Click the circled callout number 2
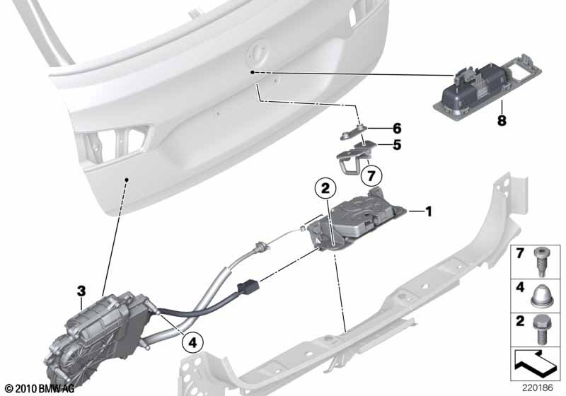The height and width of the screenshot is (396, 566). click(x=325, y=188)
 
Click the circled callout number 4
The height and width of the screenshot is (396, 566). click(x=192, y=342)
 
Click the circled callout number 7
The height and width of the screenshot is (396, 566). click(x=371, y=176)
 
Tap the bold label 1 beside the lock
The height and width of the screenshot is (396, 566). click(x=429, y=211)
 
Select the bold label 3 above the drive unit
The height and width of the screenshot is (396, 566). click(x=81, y=291)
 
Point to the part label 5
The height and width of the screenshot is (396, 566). click(x=397, y=145)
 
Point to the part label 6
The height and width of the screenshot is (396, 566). click(x=397, y=128)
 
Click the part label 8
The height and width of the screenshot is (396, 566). click(x=502, y=120)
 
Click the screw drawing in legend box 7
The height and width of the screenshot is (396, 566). click(x=541, y=262)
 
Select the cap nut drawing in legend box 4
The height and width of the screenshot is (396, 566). click(x=541, y=296)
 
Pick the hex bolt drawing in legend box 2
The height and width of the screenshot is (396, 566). click(x=541, y=330)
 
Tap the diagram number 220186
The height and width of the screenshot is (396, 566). click(x=538, y=388)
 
